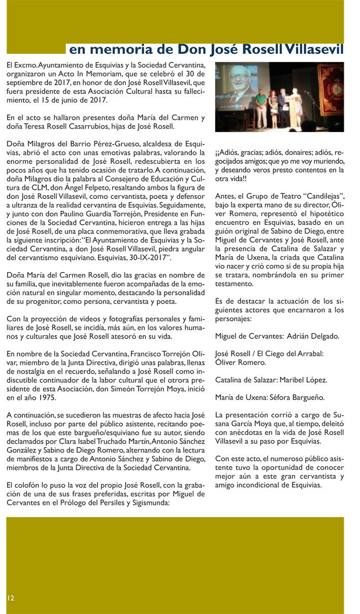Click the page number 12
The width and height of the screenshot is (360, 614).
click(x=10, y=598)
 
